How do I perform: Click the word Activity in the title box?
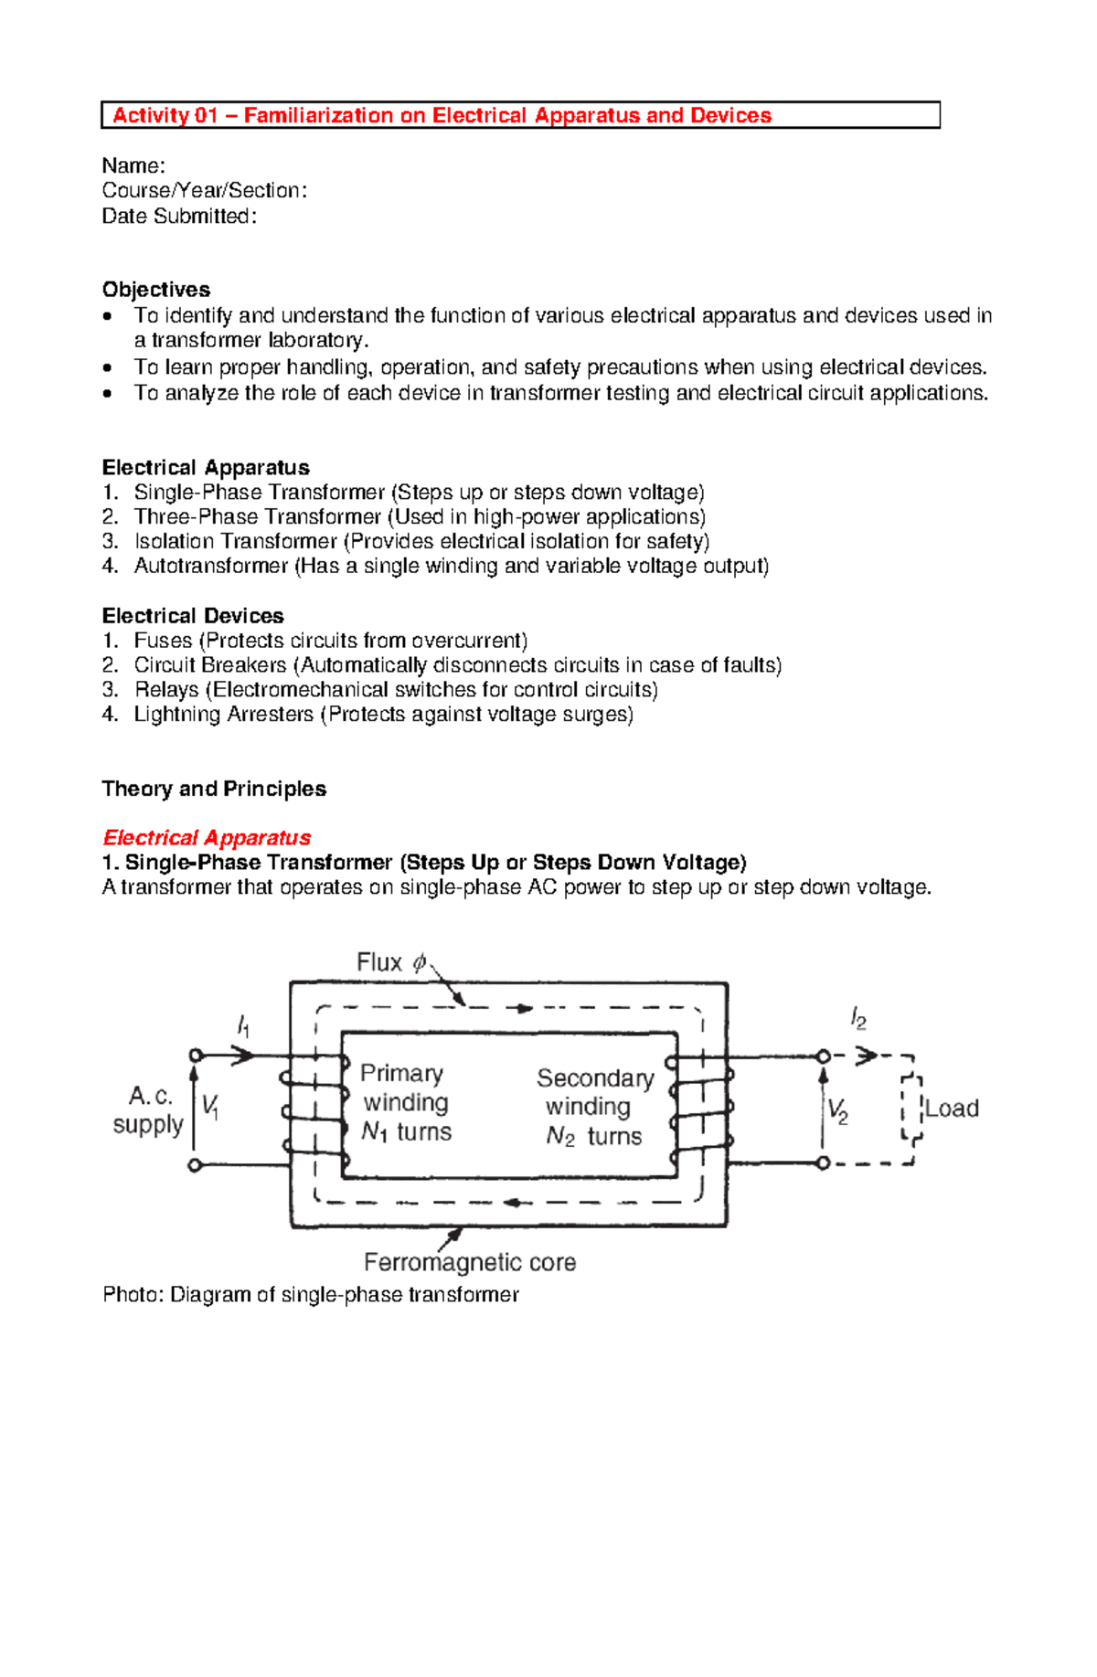[x=151, y=115]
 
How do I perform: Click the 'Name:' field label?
[x=133, y=165]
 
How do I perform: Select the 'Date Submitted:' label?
[x=179, y=217]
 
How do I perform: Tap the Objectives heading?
[x=156, y=290]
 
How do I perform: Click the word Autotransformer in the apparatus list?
[x=211, y=567]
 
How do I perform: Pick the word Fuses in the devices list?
[x=163, y=641]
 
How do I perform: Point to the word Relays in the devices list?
[x=166, y=690]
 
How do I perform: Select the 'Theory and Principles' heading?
[x=214, y=789]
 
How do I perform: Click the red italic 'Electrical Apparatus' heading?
[x=207, y=838]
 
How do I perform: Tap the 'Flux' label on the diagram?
[x=379, y=962]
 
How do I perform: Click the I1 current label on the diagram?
[x=243, y=1026]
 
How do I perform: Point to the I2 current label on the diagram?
[x=858, y=1018]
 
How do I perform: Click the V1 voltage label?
[x=210, y=1108]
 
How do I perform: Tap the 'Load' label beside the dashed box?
[x=952, y=1109]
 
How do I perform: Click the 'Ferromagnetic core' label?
[x=470, y=1263]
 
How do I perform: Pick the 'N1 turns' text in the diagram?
[x=406, y=1132]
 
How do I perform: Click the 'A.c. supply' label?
[x=148, y=1109]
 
